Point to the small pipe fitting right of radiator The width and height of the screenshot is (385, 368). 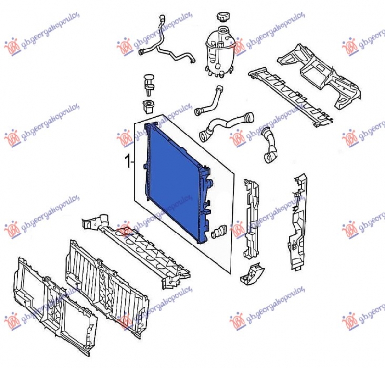pyautogui.click(x=221, y=230)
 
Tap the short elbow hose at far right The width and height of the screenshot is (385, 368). pyautogui.click(x=269, y=144)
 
